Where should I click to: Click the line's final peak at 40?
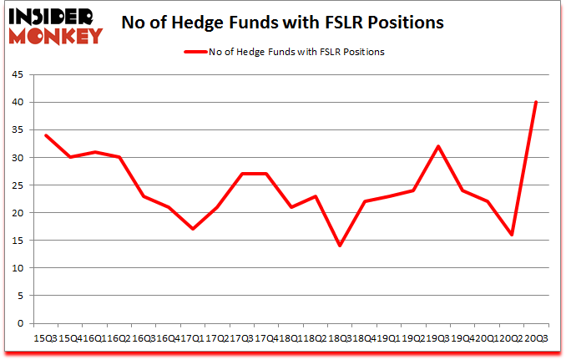pos(535,102)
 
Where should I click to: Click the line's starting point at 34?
pos(47,135)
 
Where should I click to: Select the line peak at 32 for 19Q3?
pos(437,146)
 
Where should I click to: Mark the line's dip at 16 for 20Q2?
pos(511,235)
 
